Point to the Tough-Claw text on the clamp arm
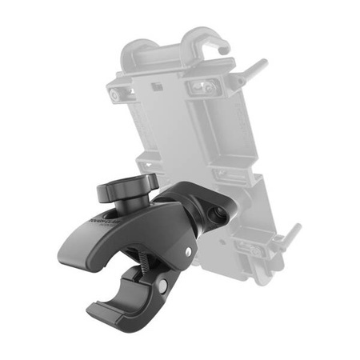pos(98,225)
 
